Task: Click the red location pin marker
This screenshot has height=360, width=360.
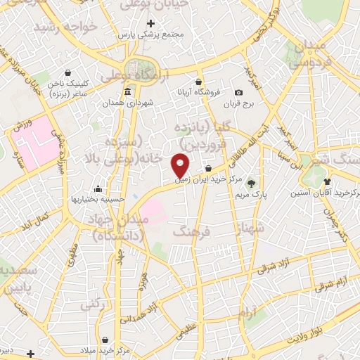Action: click(181, 165)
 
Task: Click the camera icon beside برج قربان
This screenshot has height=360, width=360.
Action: click(238, 93)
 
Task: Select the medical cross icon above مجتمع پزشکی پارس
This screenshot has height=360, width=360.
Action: click(151, 24)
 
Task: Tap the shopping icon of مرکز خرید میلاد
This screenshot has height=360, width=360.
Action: click(105, 340)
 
